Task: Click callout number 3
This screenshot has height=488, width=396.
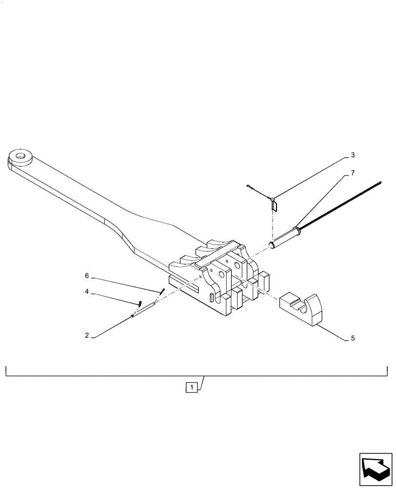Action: tap(353, 156)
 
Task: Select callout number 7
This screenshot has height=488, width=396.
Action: tap(353, 173)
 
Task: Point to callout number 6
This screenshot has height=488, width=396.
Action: tap(87, 276)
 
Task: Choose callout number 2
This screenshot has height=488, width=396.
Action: tap(87, 336)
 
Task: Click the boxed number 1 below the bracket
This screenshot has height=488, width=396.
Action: tap(193, 388)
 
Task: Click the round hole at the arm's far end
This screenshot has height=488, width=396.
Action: tap(21, 157)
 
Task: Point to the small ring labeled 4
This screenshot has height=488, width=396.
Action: tap(140, 303)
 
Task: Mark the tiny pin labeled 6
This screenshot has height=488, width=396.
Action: tap(162, 290)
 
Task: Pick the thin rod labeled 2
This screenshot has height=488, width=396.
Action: tap(144, 309)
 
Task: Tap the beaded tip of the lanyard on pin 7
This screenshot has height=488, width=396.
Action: tap(378, 183)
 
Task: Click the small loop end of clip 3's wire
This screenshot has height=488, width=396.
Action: tap(249, 185)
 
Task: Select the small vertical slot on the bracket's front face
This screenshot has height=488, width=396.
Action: tap(211, 298)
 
